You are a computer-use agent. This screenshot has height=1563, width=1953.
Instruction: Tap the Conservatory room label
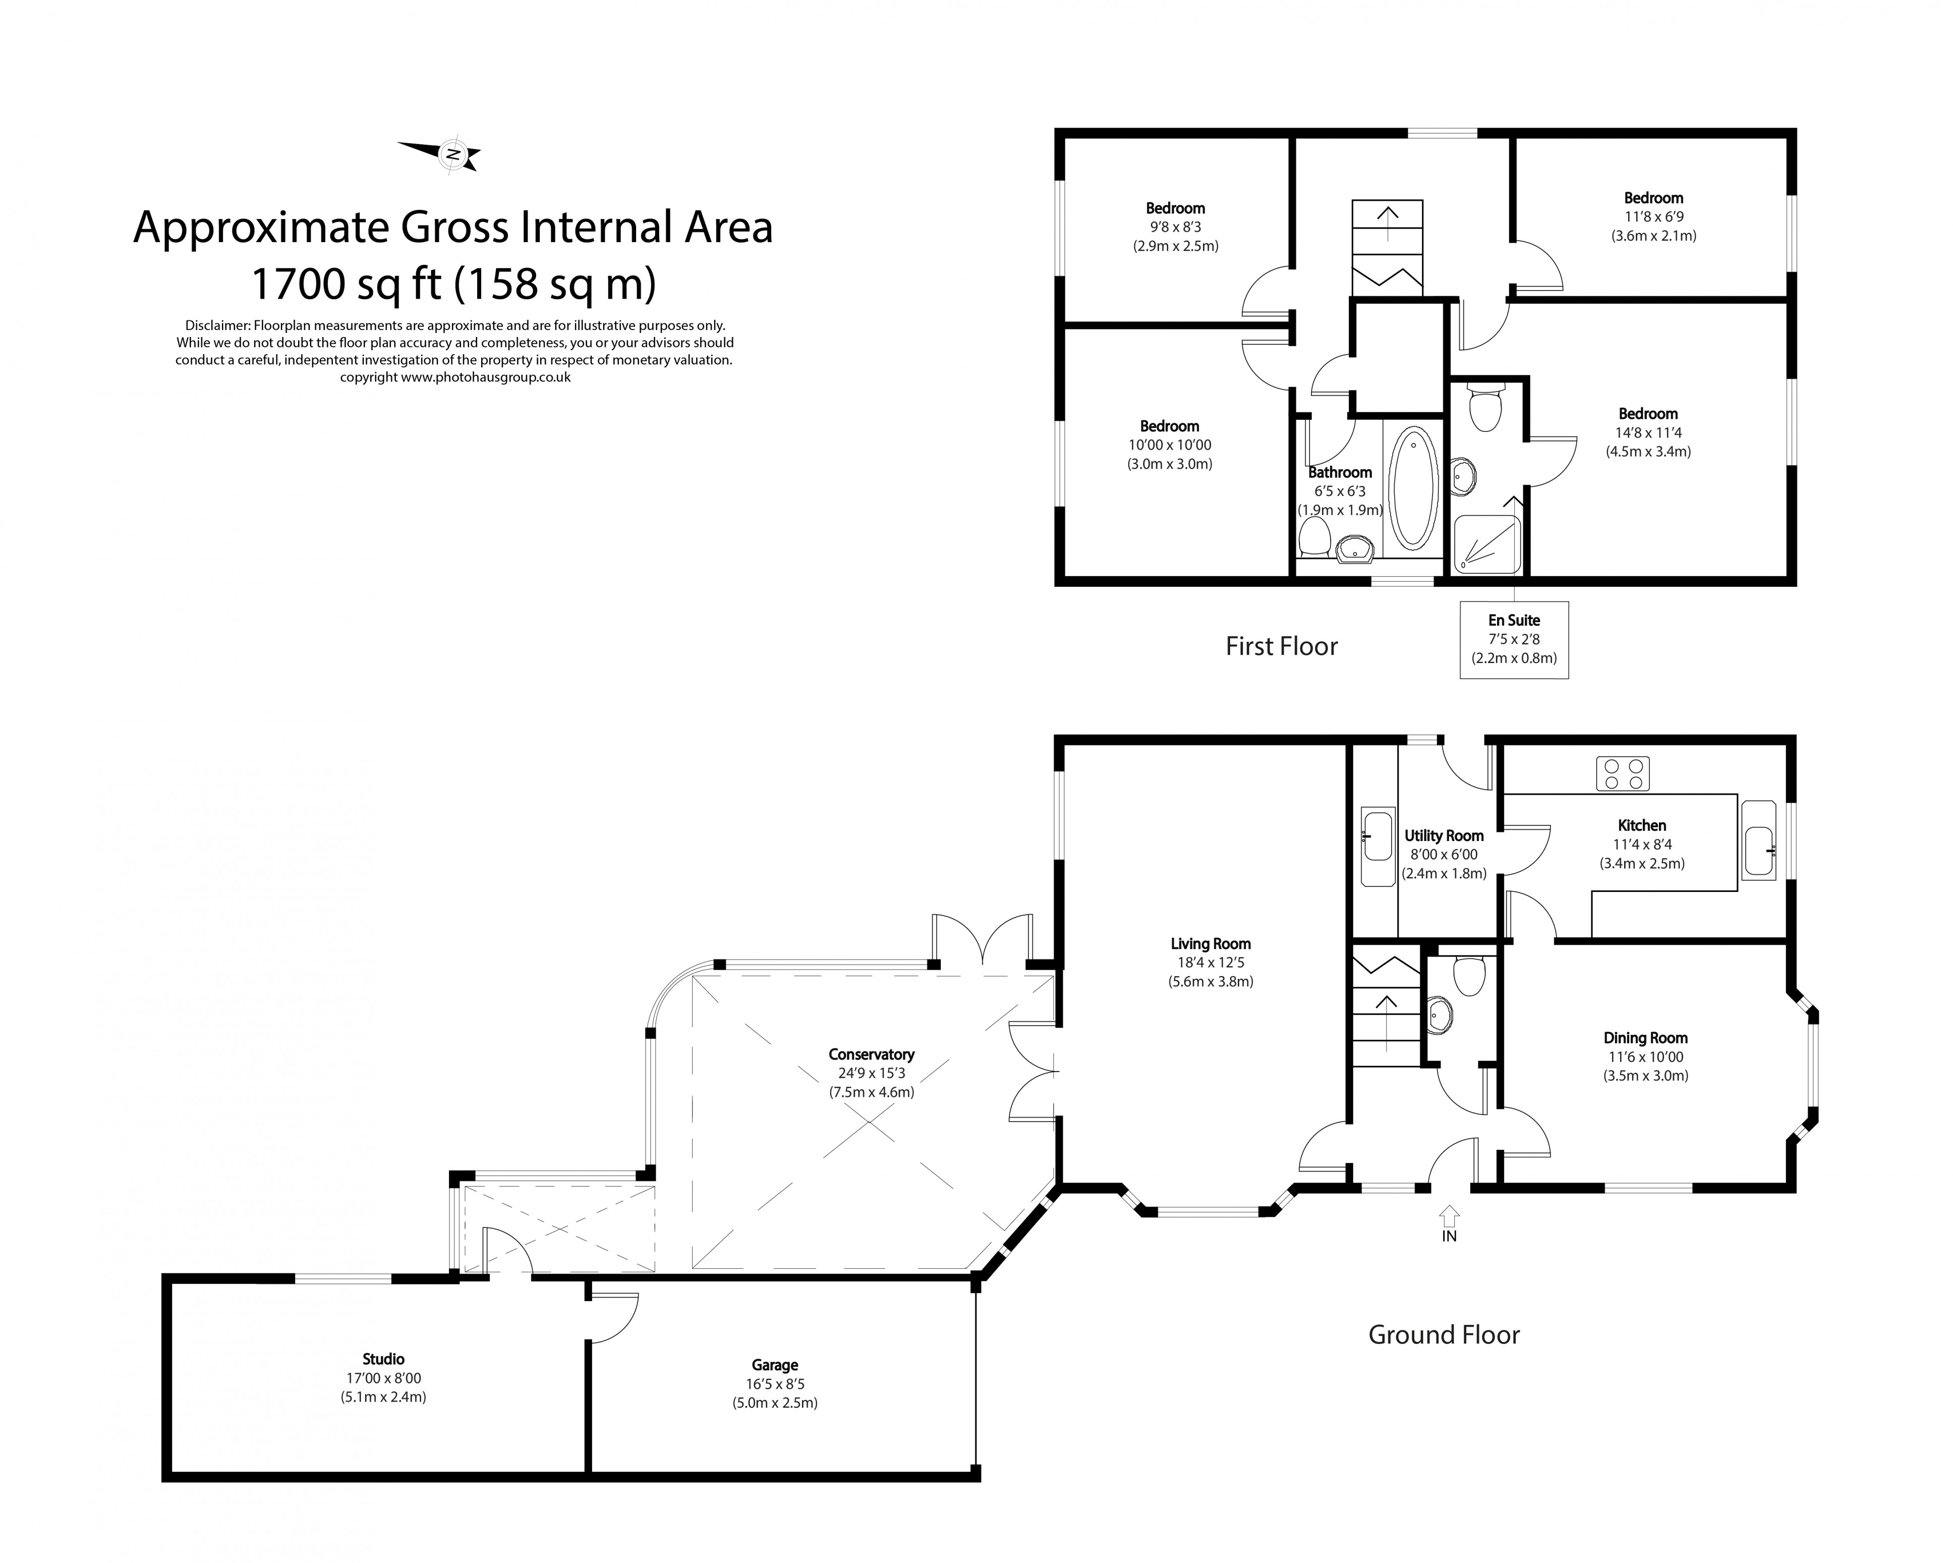pos(871,1054)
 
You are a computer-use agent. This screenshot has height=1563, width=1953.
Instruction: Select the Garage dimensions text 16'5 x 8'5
pos(775,1383)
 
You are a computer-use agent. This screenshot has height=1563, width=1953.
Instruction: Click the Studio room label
pos(383,1358)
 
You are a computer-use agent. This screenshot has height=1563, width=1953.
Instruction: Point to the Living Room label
pos(1210,943)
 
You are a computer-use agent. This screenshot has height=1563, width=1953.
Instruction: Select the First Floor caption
pos(1281,646)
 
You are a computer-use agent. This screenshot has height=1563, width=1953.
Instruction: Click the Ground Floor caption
pos(1443,1334)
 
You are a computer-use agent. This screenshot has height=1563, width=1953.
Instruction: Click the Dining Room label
pos(1645,1037)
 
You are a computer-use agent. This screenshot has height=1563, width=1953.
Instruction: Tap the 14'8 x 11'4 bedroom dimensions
pos(1649,432)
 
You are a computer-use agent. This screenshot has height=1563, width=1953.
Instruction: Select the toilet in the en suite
pos(1485,408)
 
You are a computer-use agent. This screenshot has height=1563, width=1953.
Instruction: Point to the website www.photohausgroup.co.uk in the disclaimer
pos(486,377)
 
